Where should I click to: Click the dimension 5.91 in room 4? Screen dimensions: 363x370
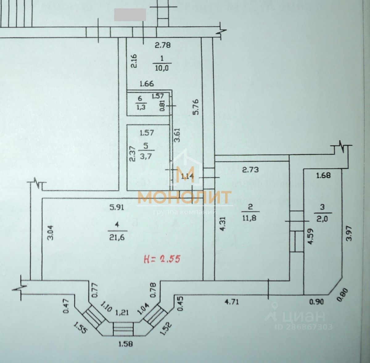tap(117, 207)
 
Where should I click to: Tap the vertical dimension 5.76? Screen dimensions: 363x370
tap(196, 107)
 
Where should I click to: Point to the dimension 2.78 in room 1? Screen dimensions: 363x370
tap(162, 46)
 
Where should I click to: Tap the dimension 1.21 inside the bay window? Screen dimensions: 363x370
tap(122, 313)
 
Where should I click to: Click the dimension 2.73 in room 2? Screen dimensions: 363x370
tap(250, 169)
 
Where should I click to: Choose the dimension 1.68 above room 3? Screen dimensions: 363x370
tap(323, 175)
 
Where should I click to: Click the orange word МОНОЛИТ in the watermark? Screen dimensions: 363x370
tap(184, 197)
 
